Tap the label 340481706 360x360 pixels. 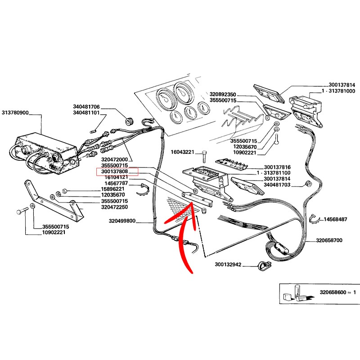point(86,107)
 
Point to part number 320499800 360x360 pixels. point(122,221)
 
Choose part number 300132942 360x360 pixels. point(228,265)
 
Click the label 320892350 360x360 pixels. point(223,94)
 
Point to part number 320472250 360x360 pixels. point(115,207)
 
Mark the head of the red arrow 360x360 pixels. point(192,205)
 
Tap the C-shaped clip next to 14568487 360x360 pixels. point(315,220)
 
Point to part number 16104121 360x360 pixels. point(116,177)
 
